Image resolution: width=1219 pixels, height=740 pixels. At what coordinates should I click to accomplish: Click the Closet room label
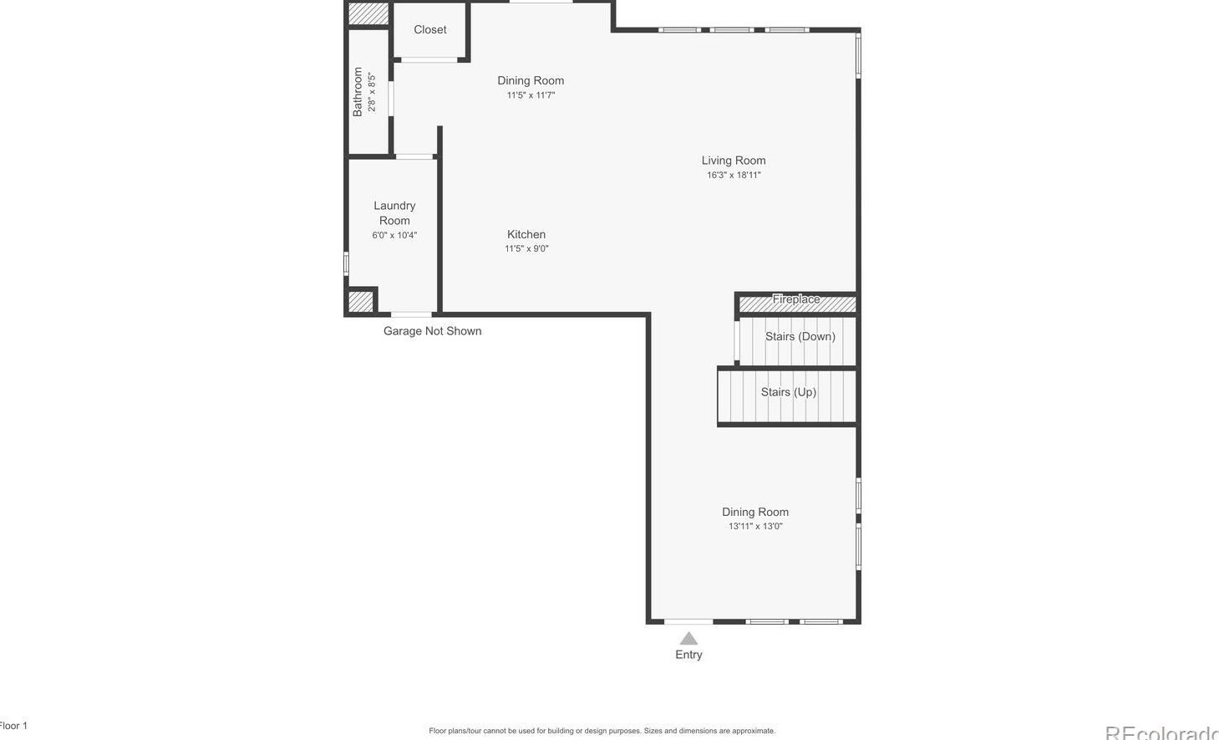430,30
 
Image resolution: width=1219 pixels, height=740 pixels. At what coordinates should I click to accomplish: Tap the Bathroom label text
358,92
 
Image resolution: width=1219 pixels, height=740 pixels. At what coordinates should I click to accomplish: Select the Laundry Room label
394,213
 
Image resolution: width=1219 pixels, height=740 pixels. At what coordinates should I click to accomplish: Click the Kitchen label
526,235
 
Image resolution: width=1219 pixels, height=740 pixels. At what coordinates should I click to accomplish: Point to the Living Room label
734,161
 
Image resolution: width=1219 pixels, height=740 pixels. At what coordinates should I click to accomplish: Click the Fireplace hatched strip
796,303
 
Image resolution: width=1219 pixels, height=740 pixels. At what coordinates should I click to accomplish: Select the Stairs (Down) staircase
799,340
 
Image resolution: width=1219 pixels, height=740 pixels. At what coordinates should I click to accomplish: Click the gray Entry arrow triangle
688,638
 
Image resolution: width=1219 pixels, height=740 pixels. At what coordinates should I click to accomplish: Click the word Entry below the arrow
688,655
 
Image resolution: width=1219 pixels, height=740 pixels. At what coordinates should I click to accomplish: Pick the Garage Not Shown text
432,331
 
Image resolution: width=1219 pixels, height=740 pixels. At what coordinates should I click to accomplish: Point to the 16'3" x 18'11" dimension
734,176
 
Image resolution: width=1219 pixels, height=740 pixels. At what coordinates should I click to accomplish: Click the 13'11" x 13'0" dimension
755,527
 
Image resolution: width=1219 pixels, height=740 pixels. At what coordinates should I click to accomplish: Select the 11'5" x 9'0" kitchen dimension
526,249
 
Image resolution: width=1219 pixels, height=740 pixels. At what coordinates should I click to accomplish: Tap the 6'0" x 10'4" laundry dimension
394,236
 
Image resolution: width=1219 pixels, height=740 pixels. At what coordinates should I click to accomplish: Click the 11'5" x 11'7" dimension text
531,95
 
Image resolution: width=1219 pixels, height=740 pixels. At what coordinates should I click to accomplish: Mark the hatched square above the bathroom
368,13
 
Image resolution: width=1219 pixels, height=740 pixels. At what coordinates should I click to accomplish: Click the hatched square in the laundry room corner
360,301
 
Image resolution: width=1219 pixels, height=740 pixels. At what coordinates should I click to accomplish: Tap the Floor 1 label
13,726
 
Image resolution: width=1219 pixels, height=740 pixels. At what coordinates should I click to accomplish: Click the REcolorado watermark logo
1161,733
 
